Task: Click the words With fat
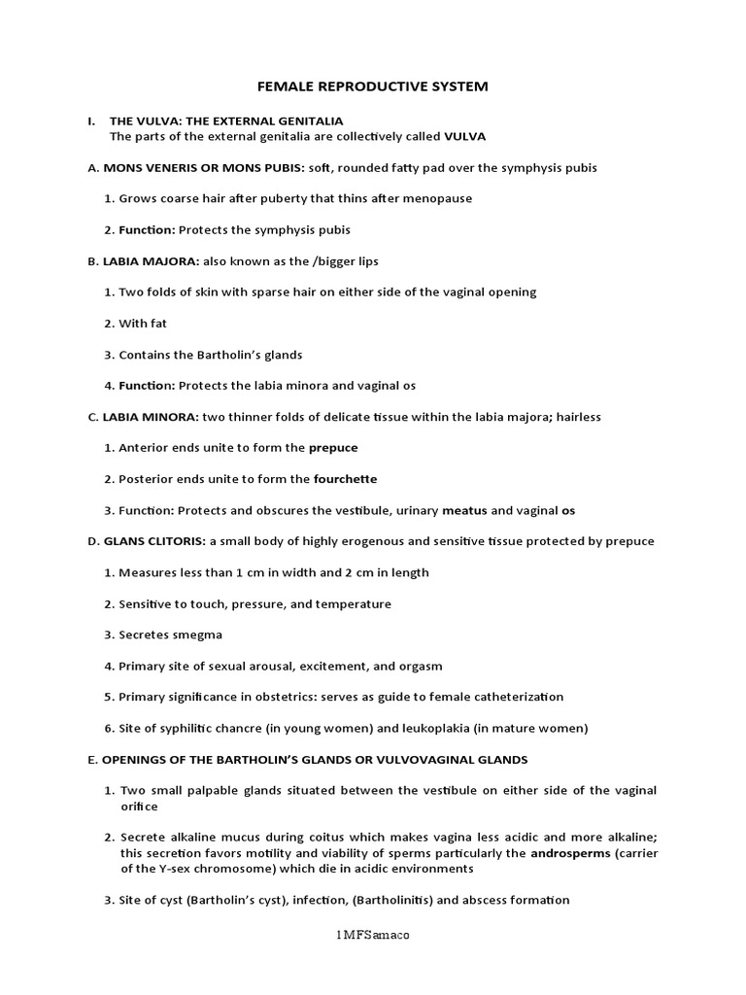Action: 143,323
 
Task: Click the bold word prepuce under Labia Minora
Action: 333,447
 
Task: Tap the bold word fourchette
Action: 346,478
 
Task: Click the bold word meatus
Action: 464,509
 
